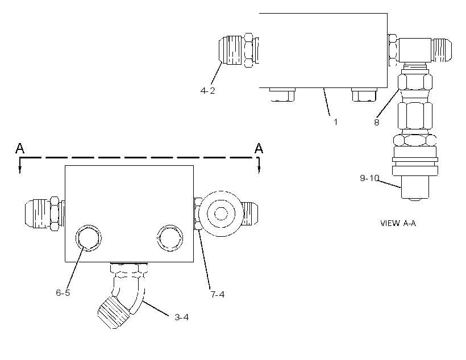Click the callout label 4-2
[207, 91]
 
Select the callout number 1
[335, 122]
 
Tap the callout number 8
[376, 123]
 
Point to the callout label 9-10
[369, 178]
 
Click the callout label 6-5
[63, 292]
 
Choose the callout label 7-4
[218, 294]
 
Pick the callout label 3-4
[182, 317]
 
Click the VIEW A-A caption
[398, 223]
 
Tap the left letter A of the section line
[20, 148]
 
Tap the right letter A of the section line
[259, 148]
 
